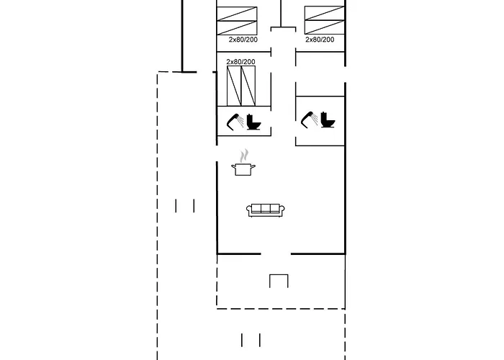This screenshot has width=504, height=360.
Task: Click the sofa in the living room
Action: pyautogui.click(x=266, y=210)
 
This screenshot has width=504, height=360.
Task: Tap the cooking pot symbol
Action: pyautogui.click(x=243, y=169)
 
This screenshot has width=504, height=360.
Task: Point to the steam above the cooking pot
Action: pyautogui.click(x=245, y=155)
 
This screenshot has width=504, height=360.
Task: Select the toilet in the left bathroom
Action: pyautogui.click(x=253, y=122)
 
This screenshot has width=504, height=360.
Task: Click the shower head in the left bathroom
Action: pyautogui.click(x=234, y=122)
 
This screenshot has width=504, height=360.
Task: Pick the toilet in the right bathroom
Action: pyautogui.click(x=327, y=119)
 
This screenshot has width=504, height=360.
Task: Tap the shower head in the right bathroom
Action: pyautogui.click(x=308, y=119)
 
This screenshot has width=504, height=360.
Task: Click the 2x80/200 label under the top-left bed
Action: pyautogui.click(x=243, y=40)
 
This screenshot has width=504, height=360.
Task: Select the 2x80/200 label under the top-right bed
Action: pyautogui.click(x=320, y=40)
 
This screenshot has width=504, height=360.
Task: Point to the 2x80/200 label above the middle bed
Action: pyautogui.click(x=240, y=62)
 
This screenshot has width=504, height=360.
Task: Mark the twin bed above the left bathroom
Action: pyautogui.click(x=241, y=86)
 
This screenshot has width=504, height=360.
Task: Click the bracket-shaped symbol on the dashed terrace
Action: pyautogui.click(x=279, y=281)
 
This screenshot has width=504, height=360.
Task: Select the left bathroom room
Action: pyautogui.click(x=244, y=121)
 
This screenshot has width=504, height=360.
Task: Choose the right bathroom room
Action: pyautogui.click(x=320, y=120)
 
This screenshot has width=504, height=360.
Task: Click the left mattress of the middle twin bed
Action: pyautogui.click(x=234, y=86)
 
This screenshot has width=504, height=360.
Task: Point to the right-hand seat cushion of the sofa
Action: pyautogui.click(x=275, y=209)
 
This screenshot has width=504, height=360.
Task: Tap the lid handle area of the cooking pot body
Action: pyautogui.click(x=243, y=165)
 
